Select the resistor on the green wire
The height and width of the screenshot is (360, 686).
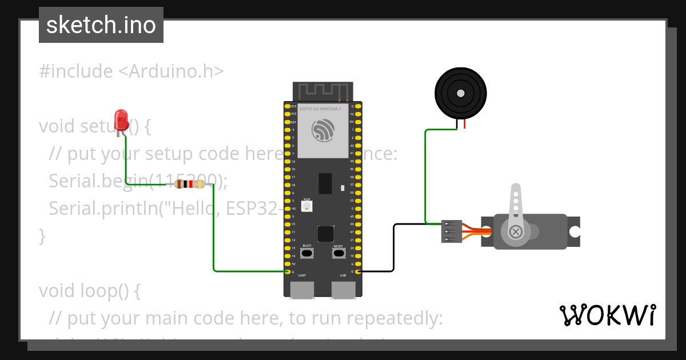[189, 184]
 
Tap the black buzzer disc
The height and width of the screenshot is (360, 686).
[461, 93]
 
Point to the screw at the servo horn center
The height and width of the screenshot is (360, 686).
[516, 231]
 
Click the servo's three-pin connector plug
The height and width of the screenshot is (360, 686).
[451, 231]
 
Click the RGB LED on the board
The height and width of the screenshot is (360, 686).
[307, 206]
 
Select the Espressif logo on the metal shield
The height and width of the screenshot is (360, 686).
[323, 130]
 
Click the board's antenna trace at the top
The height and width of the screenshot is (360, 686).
[321, 90]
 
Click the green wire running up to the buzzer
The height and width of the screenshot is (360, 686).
[425, 177]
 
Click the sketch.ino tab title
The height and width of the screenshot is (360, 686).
[101, 25]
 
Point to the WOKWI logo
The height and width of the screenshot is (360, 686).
[607, 315]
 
